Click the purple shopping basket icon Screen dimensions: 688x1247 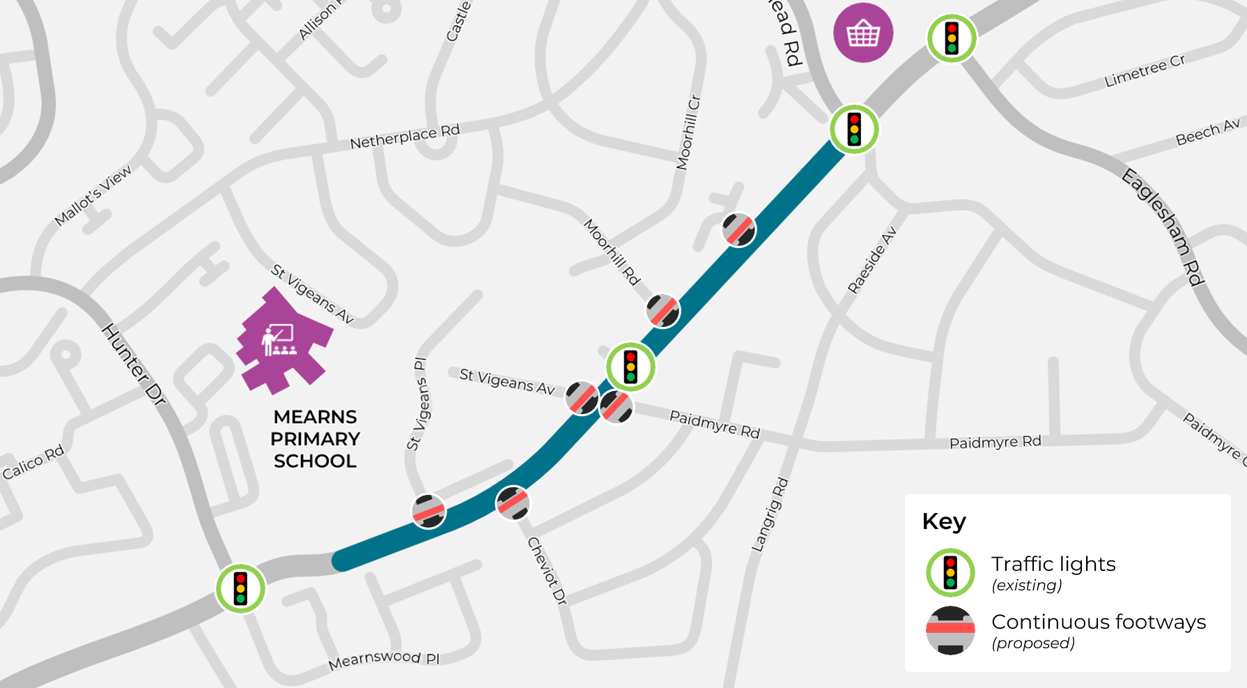(x=863, y=33)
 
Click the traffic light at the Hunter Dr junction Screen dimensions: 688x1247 (x=240, y=588)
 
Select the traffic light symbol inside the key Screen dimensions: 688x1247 (x=950, y=573)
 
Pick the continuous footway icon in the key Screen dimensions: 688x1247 (x=950, y=630)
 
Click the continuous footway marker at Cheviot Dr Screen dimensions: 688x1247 (x=513, y=503)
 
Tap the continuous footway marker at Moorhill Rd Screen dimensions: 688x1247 (x=663, y=311)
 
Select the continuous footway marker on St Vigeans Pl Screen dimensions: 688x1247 (x=428, y=511)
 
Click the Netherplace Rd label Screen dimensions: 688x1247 (x=405, y=137)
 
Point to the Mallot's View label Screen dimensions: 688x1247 (x=93, y=196)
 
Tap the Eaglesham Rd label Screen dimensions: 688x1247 (x=1163, y=227)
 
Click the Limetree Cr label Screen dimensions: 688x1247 (x=1145, y=71)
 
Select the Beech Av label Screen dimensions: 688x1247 (x=1207, y=132)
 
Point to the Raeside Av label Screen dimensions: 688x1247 (x=872, y=260)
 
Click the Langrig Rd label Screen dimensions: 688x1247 (x=770, y=514)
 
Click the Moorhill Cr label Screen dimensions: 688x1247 (x=688, y=132)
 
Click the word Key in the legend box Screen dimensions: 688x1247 (x=944, y=521)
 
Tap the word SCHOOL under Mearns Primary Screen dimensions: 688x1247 (x=315, y=461)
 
